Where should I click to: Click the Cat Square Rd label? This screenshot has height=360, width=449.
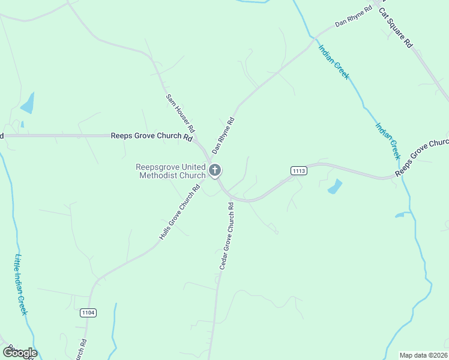(396, 28)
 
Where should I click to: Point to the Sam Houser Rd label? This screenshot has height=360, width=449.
(180, 113)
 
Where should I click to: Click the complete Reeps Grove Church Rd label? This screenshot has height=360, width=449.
(151, 136)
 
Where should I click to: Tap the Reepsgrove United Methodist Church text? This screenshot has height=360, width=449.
(170, 171)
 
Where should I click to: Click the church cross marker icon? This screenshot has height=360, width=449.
(215, 171)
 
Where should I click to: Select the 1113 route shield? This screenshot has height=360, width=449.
(299, 171)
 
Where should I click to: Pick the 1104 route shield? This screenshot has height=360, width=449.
(88, 313)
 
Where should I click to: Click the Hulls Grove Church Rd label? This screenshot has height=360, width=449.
(179, 213)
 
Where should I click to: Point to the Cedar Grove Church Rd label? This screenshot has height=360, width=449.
(226, 235)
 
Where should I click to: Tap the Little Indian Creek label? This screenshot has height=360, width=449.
(21, 284)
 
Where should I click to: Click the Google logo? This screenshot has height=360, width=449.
(20, 353)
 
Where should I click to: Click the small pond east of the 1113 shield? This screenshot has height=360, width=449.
(335, 187)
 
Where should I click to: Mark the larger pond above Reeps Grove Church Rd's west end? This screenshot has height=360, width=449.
(28, 104)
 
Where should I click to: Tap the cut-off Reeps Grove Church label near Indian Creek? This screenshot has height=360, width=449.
(421, 158)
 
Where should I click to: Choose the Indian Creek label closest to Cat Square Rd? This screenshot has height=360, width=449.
(334, 62)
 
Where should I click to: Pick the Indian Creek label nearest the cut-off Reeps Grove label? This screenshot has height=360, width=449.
(388, 140)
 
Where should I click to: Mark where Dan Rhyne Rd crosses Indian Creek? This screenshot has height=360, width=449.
(313, 39)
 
